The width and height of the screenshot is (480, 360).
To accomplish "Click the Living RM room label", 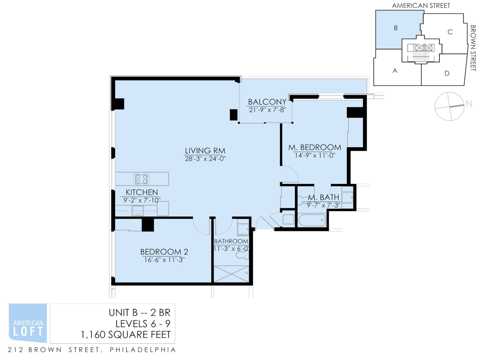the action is tap(205, 151).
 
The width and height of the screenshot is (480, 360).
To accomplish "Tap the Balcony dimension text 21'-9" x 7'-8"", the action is tap(267, 110).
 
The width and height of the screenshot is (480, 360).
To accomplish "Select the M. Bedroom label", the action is tap(315, 147).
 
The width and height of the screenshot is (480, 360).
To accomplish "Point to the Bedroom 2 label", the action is tap(164, 252).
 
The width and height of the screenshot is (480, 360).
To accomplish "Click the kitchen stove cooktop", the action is tap(141, 179).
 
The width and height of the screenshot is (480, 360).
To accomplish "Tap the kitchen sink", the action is tap(138, 211).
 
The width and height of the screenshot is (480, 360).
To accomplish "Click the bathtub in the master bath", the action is tap(312, 220).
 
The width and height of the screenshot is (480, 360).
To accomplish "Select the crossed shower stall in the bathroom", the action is tap(231, 274).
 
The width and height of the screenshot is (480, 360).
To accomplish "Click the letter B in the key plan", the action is tap(396, 28).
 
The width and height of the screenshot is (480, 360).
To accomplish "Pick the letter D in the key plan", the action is tap(447, 73).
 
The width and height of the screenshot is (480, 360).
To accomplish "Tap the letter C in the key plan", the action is tap(450, 32).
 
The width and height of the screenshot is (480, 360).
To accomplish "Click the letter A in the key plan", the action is tap(395, 71).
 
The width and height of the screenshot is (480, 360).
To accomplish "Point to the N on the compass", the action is tap(469, 104).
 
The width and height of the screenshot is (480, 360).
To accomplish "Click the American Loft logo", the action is tap(28, 323).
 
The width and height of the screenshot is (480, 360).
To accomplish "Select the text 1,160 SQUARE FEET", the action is tap(126, 335).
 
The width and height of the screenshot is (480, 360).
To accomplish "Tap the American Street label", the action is tap(421, 6).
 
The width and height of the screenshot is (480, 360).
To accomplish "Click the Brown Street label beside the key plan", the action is tap(473, 48).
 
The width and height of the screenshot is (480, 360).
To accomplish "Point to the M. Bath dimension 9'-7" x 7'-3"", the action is tap(324, 205).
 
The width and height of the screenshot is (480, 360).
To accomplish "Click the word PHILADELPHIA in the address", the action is tap(143, 350).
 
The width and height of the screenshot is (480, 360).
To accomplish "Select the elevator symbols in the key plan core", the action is tap(424, 48).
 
